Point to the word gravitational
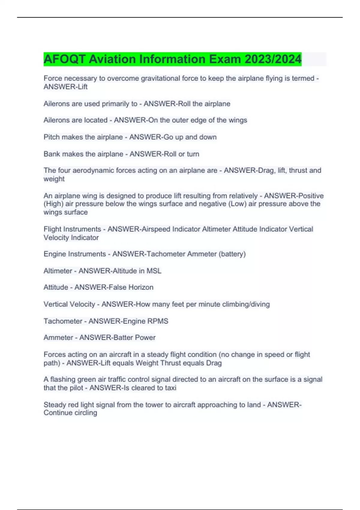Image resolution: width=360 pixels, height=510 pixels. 160,78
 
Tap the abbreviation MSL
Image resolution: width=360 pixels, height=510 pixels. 154,271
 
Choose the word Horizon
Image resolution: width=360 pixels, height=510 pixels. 141,287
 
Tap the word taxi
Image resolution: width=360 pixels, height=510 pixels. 170,388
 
